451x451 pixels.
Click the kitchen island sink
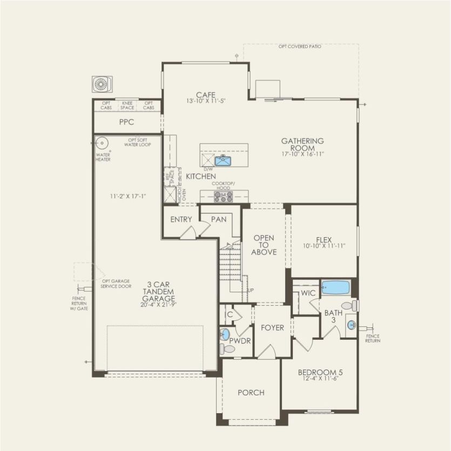point(223,160)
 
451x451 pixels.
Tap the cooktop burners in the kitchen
point(223,197)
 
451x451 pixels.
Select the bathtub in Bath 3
point(335,287)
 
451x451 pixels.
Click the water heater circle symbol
point(100,144)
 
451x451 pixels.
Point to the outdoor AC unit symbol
point(102,84)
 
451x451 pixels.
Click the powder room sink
point(225,334)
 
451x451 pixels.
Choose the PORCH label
point(251,393)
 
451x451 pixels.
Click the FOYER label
point(272,328)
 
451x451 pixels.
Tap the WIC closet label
point(308,293)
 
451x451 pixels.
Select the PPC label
point(126,122)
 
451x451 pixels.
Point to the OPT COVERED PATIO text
point(300,47)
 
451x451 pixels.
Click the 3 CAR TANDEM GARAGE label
point(158,292)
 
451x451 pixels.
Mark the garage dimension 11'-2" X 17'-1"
point(129,197)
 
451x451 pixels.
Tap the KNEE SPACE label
point(128,105)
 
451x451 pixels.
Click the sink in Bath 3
point(352,325)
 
